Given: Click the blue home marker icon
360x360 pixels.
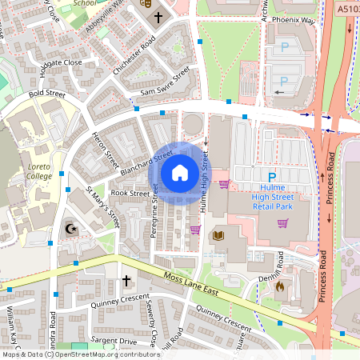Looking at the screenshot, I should [x=180, y=172].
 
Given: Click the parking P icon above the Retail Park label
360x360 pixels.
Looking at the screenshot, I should [x=271, y=177].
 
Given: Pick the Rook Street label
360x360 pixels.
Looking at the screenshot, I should [x=130, y=193].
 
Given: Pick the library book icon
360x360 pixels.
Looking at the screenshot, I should [x=218, y=235].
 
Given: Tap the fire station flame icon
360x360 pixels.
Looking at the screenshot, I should [x=280, y=285].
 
